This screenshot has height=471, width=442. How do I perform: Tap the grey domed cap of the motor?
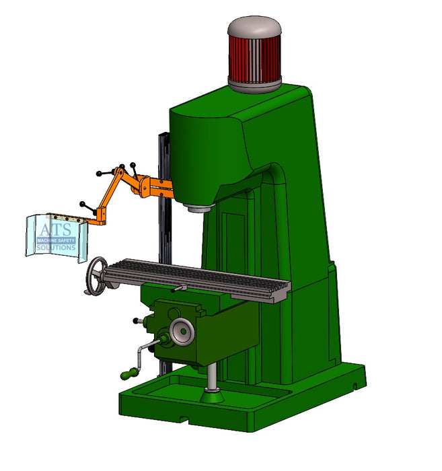coord(254,27)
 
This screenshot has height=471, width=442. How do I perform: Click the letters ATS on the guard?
coord(54,229)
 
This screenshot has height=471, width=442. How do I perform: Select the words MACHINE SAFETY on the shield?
coord(57,240)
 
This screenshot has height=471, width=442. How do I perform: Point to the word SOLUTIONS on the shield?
coord(57,248)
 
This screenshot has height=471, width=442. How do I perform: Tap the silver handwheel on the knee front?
coord(181,330)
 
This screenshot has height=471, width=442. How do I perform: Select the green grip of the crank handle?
coord(128,372)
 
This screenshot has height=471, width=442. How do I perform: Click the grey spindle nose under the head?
coord(198,207)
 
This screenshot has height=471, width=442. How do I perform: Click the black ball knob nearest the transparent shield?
coord(83,204)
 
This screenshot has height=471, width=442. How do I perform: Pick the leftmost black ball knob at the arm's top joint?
coord(100,174)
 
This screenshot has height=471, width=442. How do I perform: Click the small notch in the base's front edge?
coord(183,422)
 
